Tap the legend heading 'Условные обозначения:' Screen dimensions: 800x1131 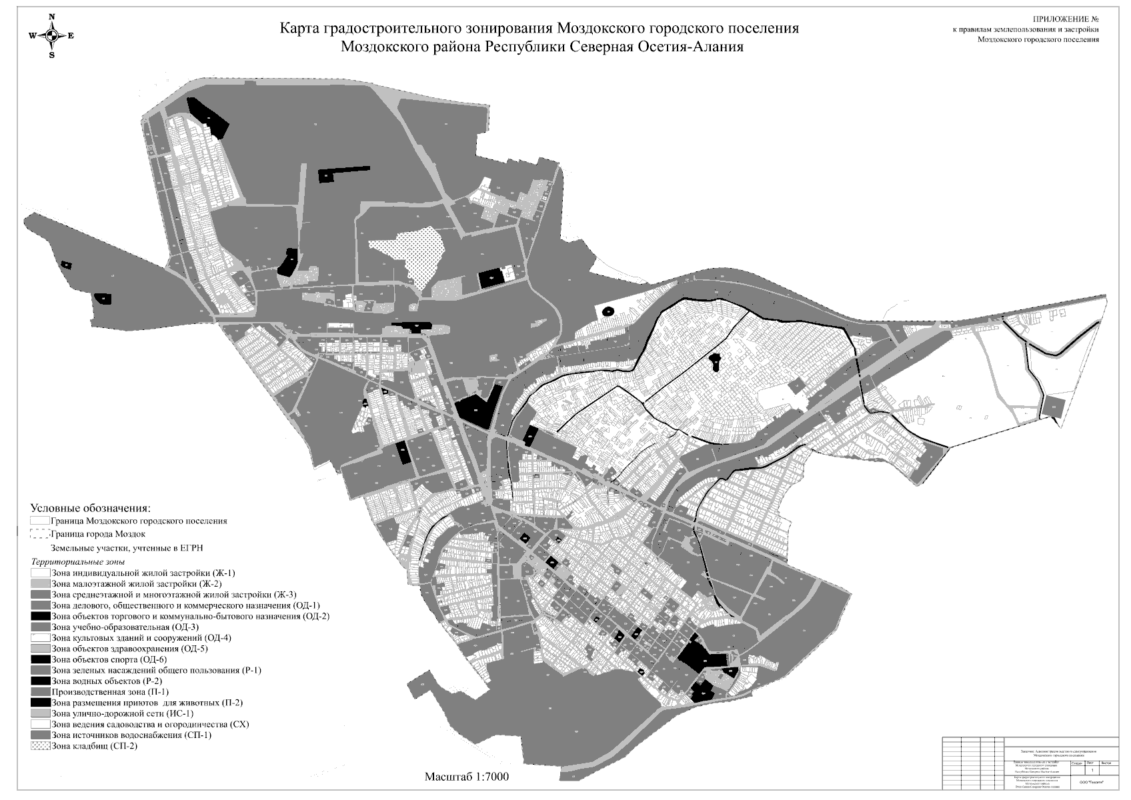pos(91,507)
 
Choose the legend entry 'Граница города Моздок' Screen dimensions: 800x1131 pos(97,534)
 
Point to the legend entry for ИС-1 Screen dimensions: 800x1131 pos(122,713)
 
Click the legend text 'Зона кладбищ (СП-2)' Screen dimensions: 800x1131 pos(94,746)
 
